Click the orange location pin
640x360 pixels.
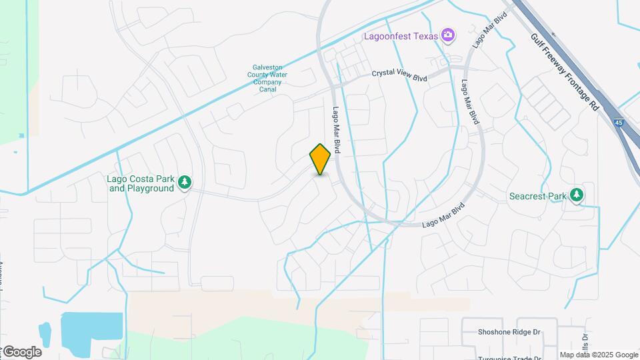(320, 159)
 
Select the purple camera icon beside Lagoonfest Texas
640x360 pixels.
(449, 35)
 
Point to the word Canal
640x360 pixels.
(267, 89)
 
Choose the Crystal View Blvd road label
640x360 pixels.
(399, 77)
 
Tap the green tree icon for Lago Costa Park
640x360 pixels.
(185, 183)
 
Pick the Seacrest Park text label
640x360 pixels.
(537, 196)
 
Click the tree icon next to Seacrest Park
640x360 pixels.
(577, 195)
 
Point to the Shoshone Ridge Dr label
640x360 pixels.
(509, 332)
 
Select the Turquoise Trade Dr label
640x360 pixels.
(508, 357)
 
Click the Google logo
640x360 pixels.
(22, 351)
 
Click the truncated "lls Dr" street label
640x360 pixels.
(585, 342)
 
